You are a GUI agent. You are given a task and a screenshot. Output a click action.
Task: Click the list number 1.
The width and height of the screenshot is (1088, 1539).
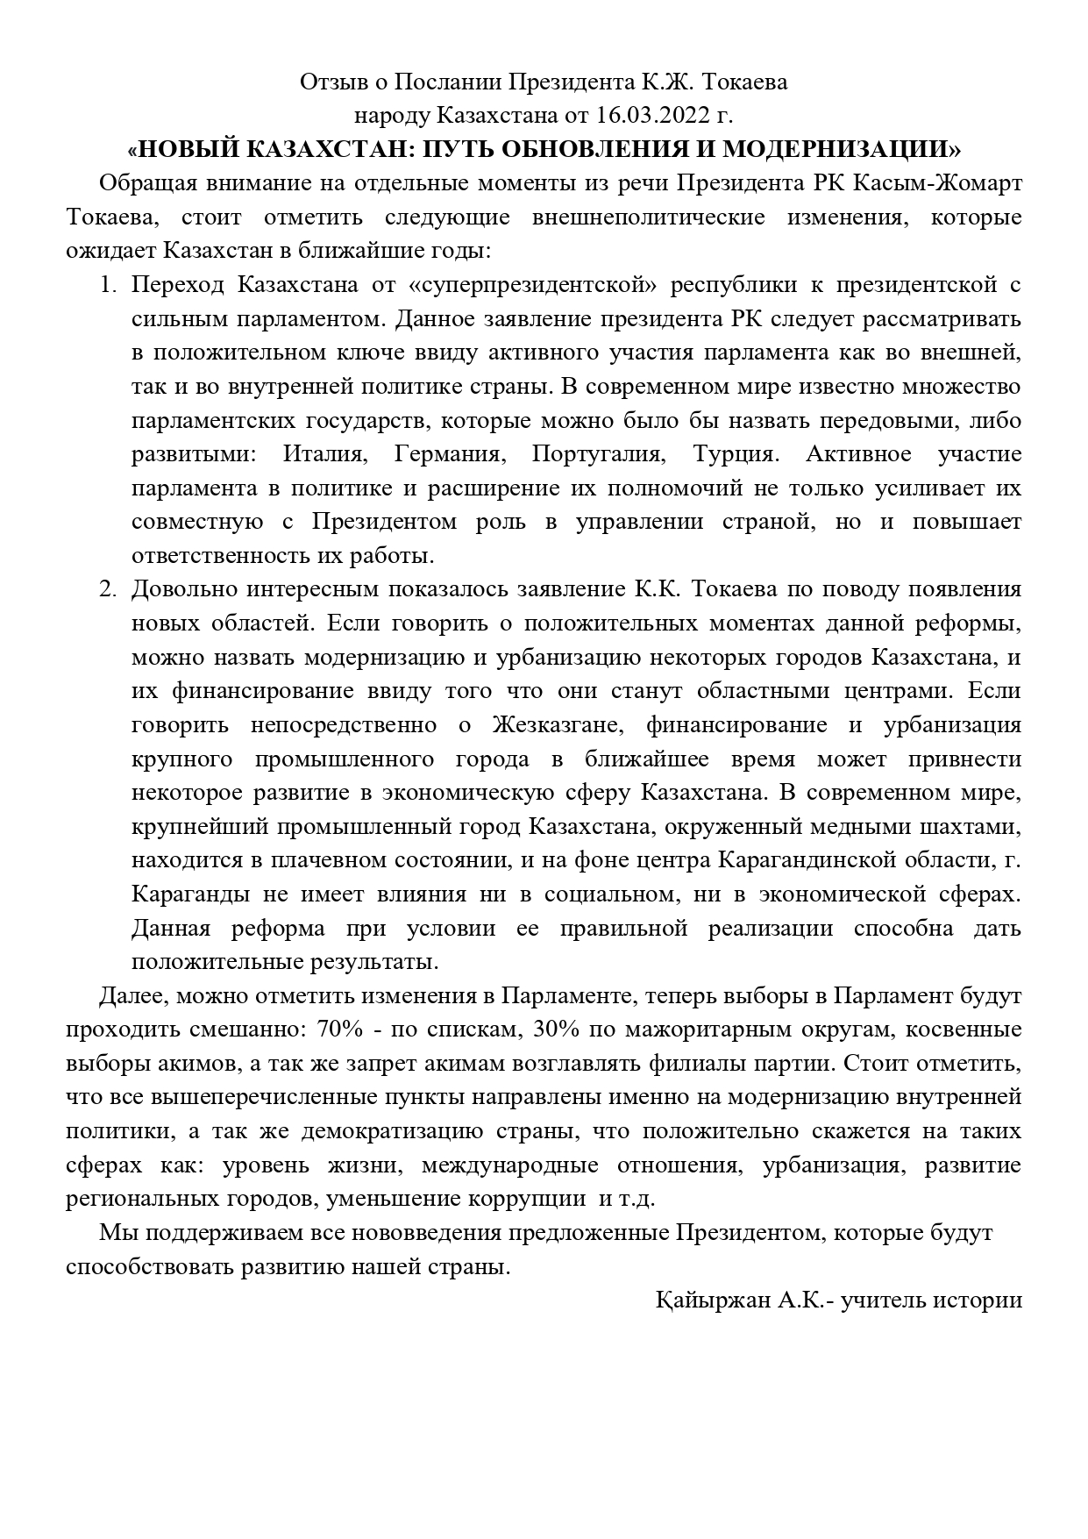(108, 285)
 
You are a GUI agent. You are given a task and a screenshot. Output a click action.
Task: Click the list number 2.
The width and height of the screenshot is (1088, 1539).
(108, 589)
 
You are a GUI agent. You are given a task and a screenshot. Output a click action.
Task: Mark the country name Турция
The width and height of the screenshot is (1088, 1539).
(734, 454)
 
